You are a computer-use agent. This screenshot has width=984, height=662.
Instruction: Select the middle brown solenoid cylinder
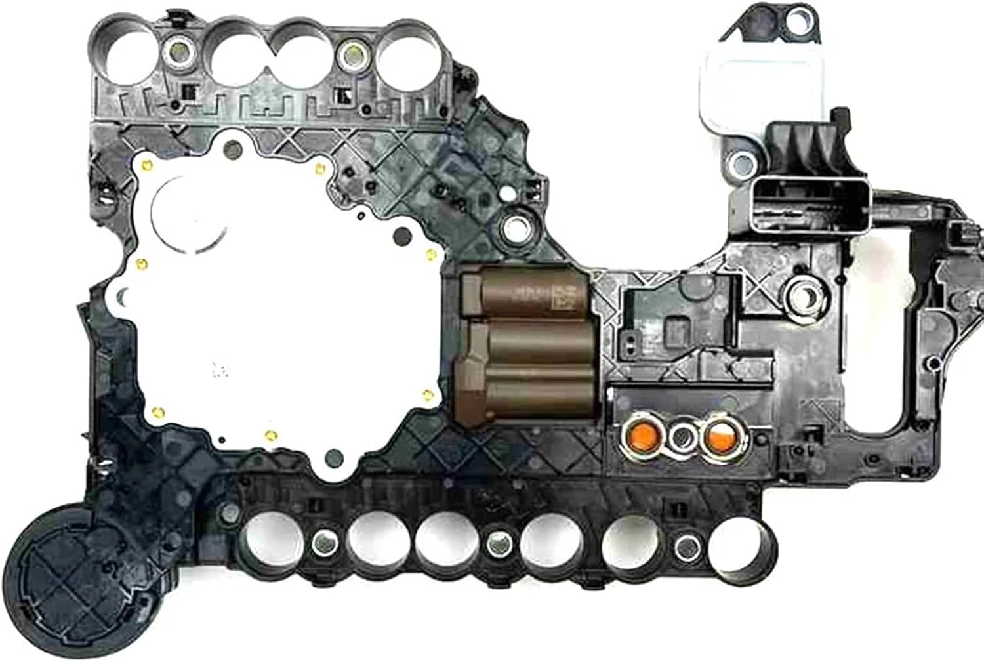535,341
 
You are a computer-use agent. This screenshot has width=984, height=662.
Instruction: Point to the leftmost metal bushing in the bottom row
323,541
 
